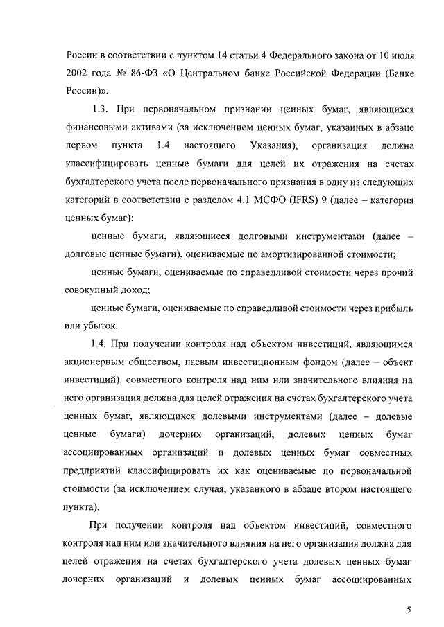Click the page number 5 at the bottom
409,609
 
